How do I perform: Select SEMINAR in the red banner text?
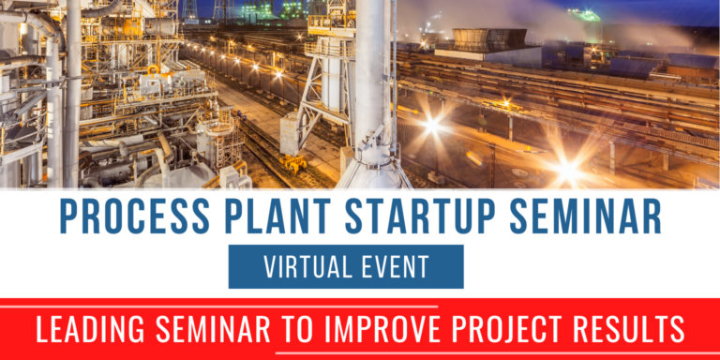pos(223,329)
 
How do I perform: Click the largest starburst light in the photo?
pos(566,171)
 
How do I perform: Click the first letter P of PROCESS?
pos(66,217)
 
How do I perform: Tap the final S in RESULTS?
pos(678,329)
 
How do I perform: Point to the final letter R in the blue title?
pos(652,217)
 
